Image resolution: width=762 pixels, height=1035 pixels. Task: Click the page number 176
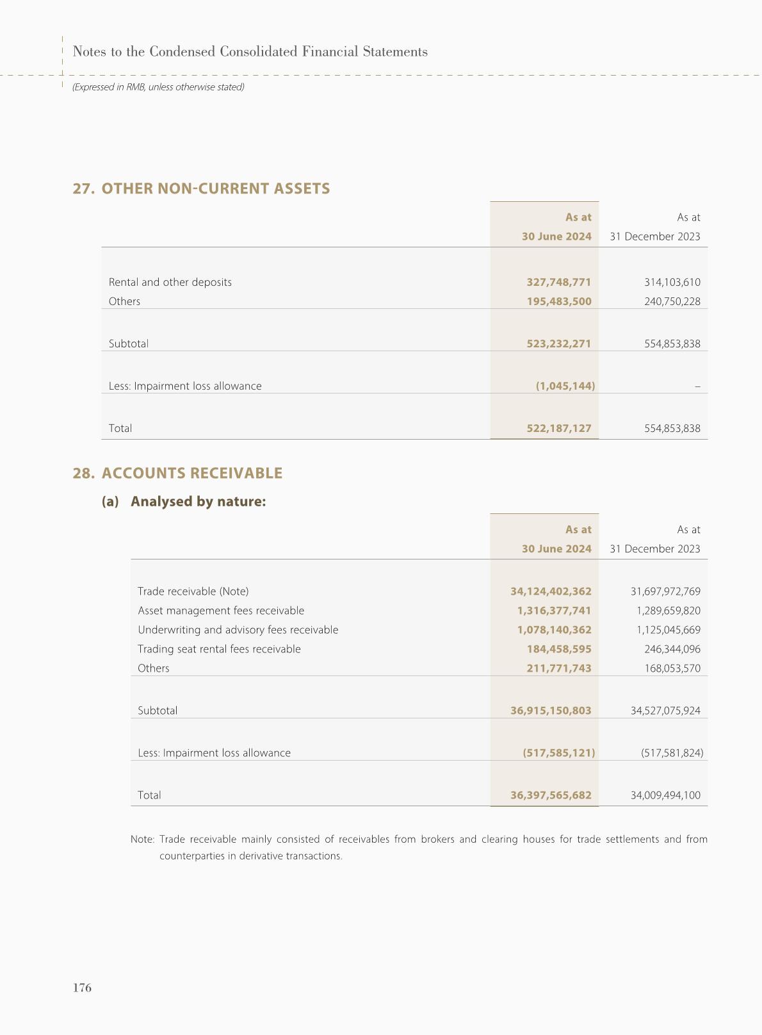(x=82, y=988)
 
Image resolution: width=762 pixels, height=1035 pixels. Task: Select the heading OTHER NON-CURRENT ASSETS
(x=216, y=188)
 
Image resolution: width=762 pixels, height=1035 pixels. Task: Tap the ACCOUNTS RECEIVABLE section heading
(x=192, y=473)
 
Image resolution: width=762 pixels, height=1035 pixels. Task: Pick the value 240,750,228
(x=672, y=301)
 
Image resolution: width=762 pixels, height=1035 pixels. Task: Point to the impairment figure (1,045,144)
(x=565, y=386)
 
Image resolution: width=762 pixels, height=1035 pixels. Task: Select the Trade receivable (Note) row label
(x=193, y=592)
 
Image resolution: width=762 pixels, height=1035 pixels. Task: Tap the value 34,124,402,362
(x=551, y=592)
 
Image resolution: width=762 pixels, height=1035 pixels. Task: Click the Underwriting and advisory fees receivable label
(x=238, y=630)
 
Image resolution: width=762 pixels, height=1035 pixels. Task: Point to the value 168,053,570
(x=672, y=668)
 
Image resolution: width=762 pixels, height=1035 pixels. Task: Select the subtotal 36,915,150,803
(x=551, y=711)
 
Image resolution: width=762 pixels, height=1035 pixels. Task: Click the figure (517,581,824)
(x=672, y=753)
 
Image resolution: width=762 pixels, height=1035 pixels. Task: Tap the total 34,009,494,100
(x=665, y=795)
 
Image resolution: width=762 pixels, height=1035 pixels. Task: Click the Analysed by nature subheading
(x=198, y=501)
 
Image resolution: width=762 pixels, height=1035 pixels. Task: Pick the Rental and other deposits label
(x=170, y=282)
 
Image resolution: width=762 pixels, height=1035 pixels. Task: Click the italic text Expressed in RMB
(x=158, y=87)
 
